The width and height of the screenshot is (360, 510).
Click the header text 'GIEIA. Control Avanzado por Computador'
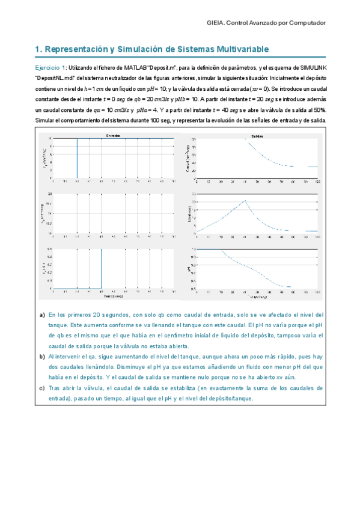[266, 22]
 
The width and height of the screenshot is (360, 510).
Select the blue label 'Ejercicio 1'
[50, 68]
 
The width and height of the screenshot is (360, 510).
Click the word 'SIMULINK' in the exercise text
[309, 68]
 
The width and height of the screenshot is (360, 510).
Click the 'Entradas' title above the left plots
[113, 136]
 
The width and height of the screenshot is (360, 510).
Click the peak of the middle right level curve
[245, 201]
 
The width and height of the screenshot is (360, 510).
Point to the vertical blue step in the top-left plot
[77, 159]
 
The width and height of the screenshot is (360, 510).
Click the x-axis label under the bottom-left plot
[113, 296]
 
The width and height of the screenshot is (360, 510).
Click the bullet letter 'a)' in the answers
[41, 315]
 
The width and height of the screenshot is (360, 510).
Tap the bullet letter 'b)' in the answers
[41, 357]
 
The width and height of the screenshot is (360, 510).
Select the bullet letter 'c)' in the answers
[41, 389]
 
